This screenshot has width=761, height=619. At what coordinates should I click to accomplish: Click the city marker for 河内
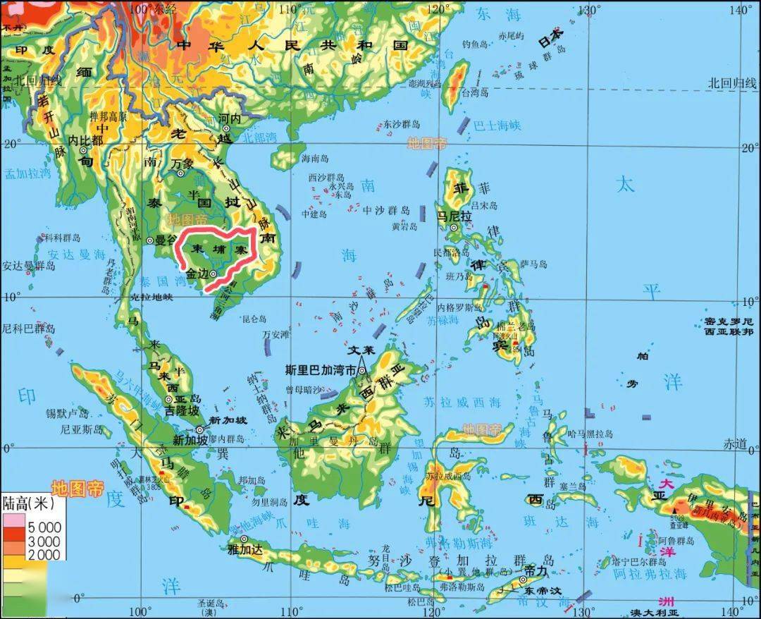click(x=227, y=128)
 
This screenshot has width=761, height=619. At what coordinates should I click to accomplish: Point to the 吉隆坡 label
click(x=180, y=409)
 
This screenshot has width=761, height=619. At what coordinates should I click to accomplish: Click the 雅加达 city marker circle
click(x=244, y=540)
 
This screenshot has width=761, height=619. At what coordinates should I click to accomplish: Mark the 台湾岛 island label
click(x=476, y=91)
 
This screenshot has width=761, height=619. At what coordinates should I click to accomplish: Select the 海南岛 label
click(x=315, y=157)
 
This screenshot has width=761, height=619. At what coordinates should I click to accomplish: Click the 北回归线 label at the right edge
click(x=732, y=82)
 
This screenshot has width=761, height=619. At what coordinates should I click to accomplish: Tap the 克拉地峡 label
click(x=151, y=297)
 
